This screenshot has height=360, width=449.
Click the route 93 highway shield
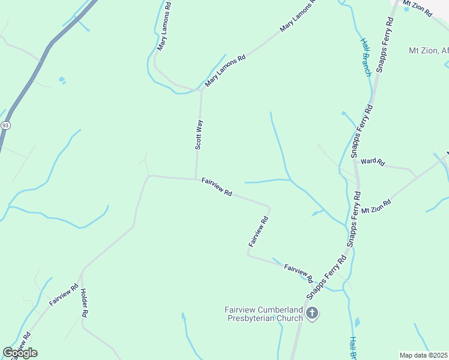[x=5, y=125]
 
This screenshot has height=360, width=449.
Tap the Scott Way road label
[x=200, y=134]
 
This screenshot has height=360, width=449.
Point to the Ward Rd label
[x=372, y=162]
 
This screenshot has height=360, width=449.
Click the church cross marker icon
[x=312, y=313]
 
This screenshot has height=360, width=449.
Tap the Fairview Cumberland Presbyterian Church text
[x=262, y=314]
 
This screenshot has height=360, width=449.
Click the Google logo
[x=20, y=353]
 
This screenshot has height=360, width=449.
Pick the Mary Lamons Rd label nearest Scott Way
[x=226, y=71]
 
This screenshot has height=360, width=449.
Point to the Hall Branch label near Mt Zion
[x=366, y=58]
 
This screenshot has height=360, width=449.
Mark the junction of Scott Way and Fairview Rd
[x=196, y=178]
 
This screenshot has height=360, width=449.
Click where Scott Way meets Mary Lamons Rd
[x=201, y=91]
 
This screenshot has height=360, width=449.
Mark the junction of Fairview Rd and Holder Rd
[x=82, y=272]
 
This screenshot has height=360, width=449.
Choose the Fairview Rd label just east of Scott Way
[x=217, y=187]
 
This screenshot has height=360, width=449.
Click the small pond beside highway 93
[x=61, y=80]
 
